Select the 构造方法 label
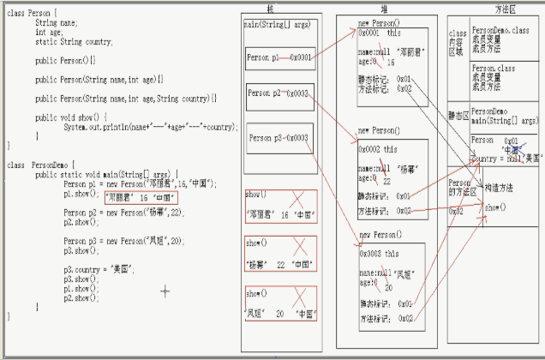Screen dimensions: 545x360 coord(499,188)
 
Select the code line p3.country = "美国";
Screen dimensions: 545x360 coord(96,269)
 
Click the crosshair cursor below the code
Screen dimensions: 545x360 coord(165,291)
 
